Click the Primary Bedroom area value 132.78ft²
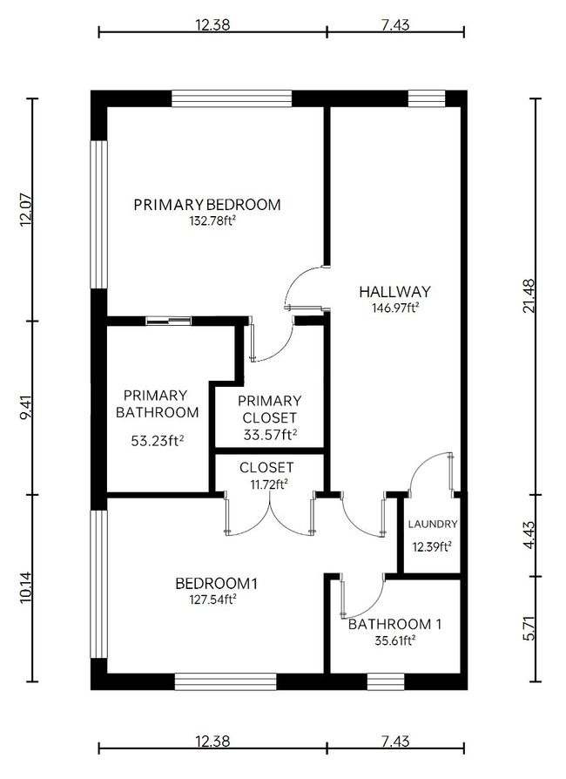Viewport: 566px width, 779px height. [x=212, y=220]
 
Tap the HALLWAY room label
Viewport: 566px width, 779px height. [x=394, y=292]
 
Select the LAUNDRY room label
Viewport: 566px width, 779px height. [x=433, y=524]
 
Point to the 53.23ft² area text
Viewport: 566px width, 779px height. [x=158, y=440]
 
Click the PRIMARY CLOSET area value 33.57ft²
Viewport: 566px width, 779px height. [x=270, y=435]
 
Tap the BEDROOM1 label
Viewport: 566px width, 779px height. [x=217, y=583]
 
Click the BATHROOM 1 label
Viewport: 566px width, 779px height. [x=394, y=624]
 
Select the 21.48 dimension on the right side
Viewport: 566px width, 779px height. [x=529, y=295]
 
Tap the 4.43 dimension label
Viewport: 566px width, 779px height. [x=529, y=535]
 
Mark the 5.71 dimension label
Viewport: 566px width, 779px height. [x=529, y=628]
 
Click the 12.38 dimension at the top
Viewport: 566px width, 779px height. [x=212, y=24]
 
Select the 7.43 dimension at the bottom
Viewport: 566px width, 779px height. [x=395, y=742]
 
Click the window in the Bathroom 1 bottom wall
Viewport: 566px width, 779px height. [x=386, y=681]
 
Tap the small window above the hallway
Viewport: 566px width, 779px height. [x=427, y=98]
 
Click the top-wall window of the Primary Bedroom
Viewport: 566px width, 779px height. [x=232, y=98]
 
